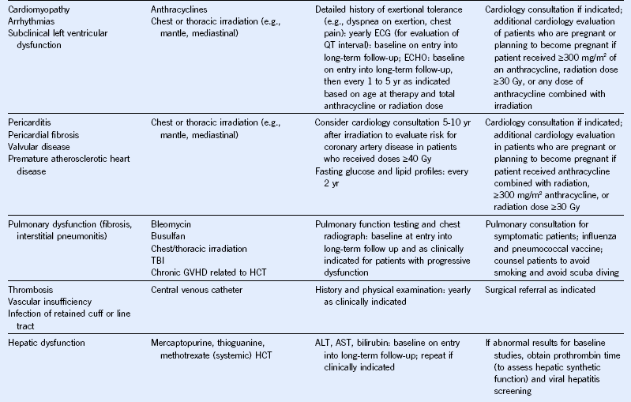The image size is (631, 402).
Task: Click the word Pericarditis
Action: (x=29, y=123)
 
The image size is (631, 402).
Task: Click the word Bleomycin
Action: (x=174, y=224)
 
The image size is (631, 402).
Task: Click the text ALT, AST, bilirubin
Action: (x=356, y=344)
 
